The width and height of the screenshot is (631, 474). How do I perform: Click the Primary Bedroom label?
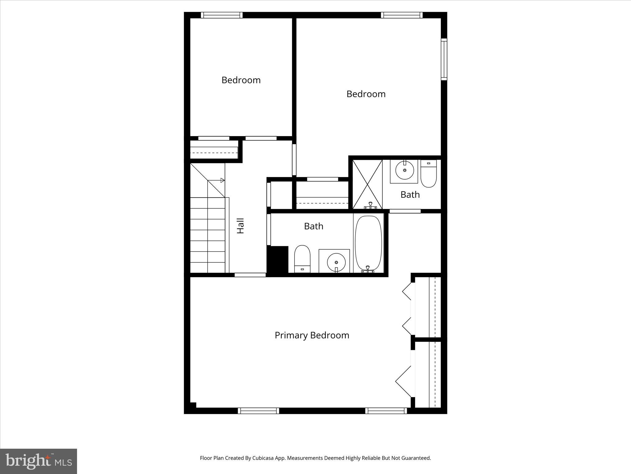[312, 335]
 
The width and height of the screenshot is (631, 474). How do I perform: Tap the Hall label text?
[240, 226]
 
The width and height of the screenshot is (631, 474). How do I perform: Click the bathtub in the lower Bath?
[368, 243]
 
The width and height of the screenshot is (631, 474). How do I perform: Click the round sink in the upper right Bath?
[404, 170]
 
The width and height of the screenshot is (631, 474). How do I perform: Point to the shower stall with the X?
[367, 184]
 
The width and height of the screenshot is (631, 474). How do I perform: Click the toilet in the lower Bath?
[302, 259]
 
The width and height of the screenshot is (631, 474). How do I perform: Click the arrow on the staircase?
[222, 180]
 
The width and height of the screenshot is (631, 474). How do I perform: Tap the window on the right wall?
[444, 59]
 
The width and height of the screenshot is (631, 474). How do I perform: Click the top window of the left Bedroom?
[222, 15]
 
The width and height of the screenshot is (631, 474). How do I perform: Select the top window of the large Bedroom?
[401, 15]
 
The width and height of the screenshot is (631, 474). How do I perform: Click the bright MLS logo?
[39, 461]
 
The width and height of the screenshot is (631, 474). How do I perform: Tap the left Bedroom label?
[241, 80]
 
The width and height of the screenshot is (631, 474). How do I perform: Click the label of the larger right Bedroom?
[366, 94]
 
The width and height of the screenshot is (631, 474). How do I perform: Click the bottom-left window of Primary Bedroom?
[258, 411]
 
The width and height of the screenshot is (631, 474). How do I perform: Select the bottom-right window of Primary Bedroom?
[386, 411]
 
